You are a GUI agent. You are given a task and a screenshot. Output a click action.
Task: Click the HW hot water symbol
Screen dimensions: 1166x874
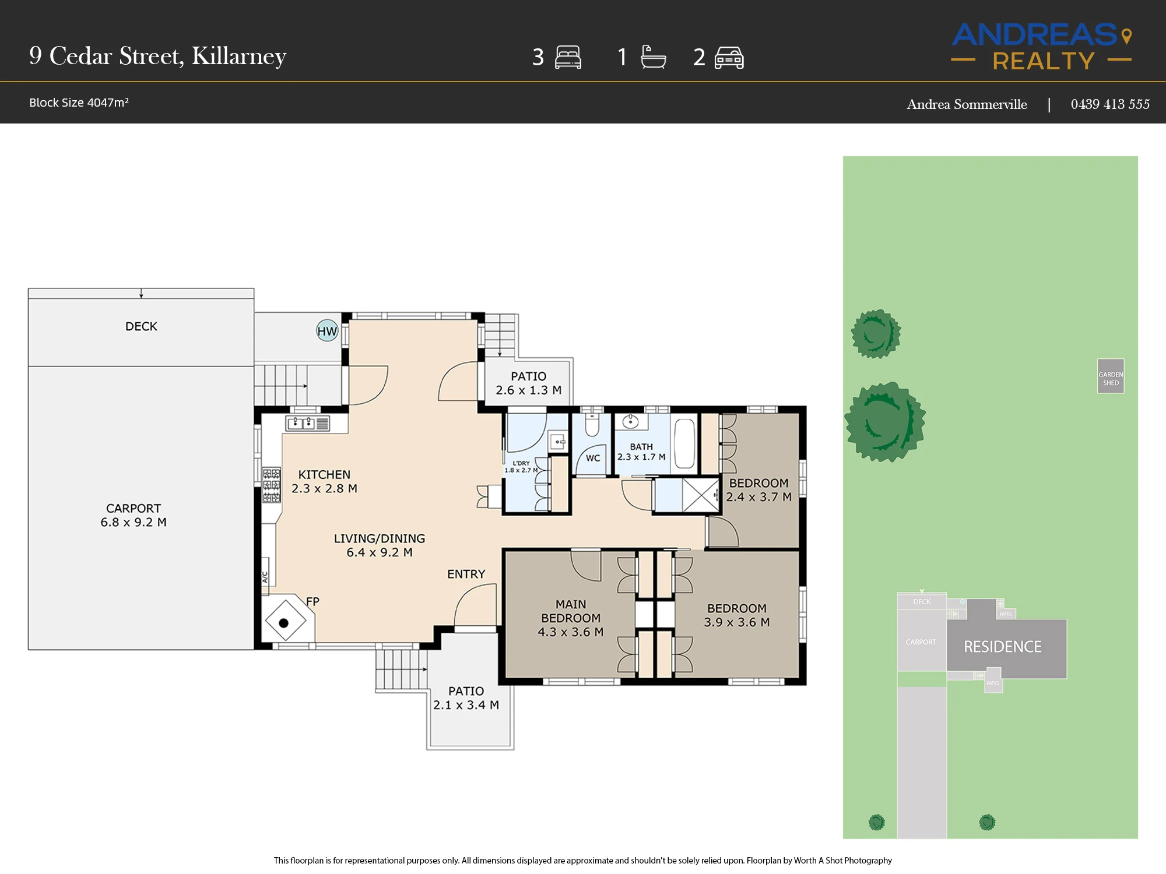point(327,331)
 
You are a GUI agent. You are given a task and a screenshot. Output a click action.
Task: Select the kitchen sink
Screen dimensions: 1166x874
point(308,423)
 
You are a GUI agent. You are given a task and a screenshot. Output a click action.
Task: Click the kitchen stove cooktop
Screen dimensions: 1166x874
point(271,485)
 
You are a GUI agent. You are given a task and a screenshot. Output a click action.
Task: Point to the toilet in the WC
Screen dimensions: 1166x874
point(592,425)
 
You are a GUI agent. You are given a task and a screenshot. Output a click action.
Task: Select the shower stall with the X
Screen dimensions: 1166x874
point(700,495)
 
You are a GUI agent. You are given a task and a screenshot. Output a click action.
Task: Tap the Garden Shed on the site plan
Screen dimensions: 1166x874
point(1111,376)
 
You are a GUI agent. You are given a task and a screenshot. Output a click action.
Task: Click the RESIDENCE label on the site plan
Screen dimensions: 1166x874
point(1002,647)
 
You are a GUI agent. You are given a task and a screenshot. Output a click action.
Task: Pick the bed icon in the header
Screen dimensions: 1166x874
point(568,57)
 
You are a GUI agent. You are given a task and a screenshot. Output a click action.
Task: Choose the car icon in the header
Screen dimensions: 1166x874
point(729,58)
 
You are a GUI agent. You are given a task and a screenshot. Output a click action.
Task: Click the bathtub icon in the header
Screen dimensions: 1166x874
point(653,57)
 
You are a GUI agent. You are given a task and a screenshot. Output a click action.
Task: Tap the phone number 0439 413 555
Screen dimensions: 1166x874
point(1110,104)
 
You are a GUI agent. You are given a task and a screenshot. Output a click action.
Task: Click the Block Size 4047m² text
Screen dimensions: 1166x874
point(79,103)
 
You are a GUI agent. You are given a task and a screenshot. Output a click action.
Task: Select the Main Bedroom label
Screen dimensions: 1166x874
point(571,618)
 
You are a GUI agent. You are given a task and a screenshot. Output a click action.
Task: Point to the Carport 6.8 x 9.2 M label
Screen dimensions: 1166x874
point(134,516)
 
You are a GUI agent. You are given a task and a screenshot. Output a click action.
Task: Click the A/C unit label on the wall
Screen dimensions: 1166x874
point(265,577)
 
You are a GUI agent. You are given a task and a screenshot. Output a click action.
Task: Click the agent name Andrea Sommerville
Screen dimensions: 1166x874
point(967,104)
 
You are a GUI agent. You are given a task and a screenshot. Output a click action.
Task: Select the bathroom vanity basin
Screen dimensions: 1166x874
point(630,422)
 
